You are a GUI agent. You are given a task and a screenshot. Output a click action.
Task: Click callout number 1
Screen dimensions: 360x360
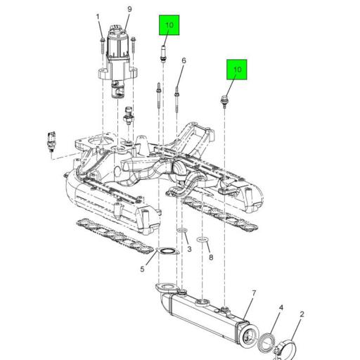[98, 17]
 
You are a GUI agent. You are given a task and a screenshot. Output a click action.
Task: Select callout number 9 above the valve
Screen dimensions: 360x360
[129, 9]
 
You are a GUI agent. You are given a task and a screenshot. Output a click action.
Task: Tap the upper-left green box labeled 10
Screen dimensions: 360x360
[169, 25]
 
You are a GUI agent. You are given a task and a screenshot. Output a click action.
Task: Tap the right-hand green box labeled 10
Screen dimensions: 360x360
[237, 70]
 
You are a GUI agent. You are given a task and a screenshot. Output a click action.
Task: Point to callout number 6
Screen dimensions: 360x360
[184, 60]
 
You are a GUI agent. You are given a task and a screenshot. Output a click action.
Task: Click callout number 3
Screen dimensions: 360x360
[189, 249]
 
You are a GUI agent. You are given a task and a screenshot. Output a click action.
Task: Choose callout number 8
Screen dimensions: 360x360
[211, 257]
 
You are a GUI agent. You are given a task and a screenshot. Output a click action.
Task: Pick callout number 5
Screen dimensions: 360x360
[142, 269]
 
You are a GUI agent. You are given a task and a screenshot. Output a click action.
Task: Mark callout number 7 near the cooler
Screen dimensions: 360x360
[254, 293]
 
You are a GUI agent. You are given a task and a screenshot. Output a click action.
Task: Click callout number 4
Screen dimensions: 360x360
[281, 307]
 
